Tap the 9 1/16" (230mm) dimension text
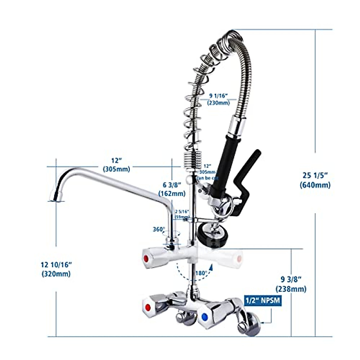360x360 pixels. pyautogui.click(x=218, y=99)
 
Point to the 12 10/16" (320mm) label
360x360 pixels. pyautogui.click(x=56, y=269)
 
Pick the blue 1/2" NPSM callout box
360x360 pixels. pyautogui.click(x=263, y=301)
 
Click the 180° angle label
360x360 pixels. pyautogui.click(x=201, y=273)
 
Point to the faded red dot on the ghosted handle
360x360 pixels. pyautogui.click(x=239, y=258)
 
